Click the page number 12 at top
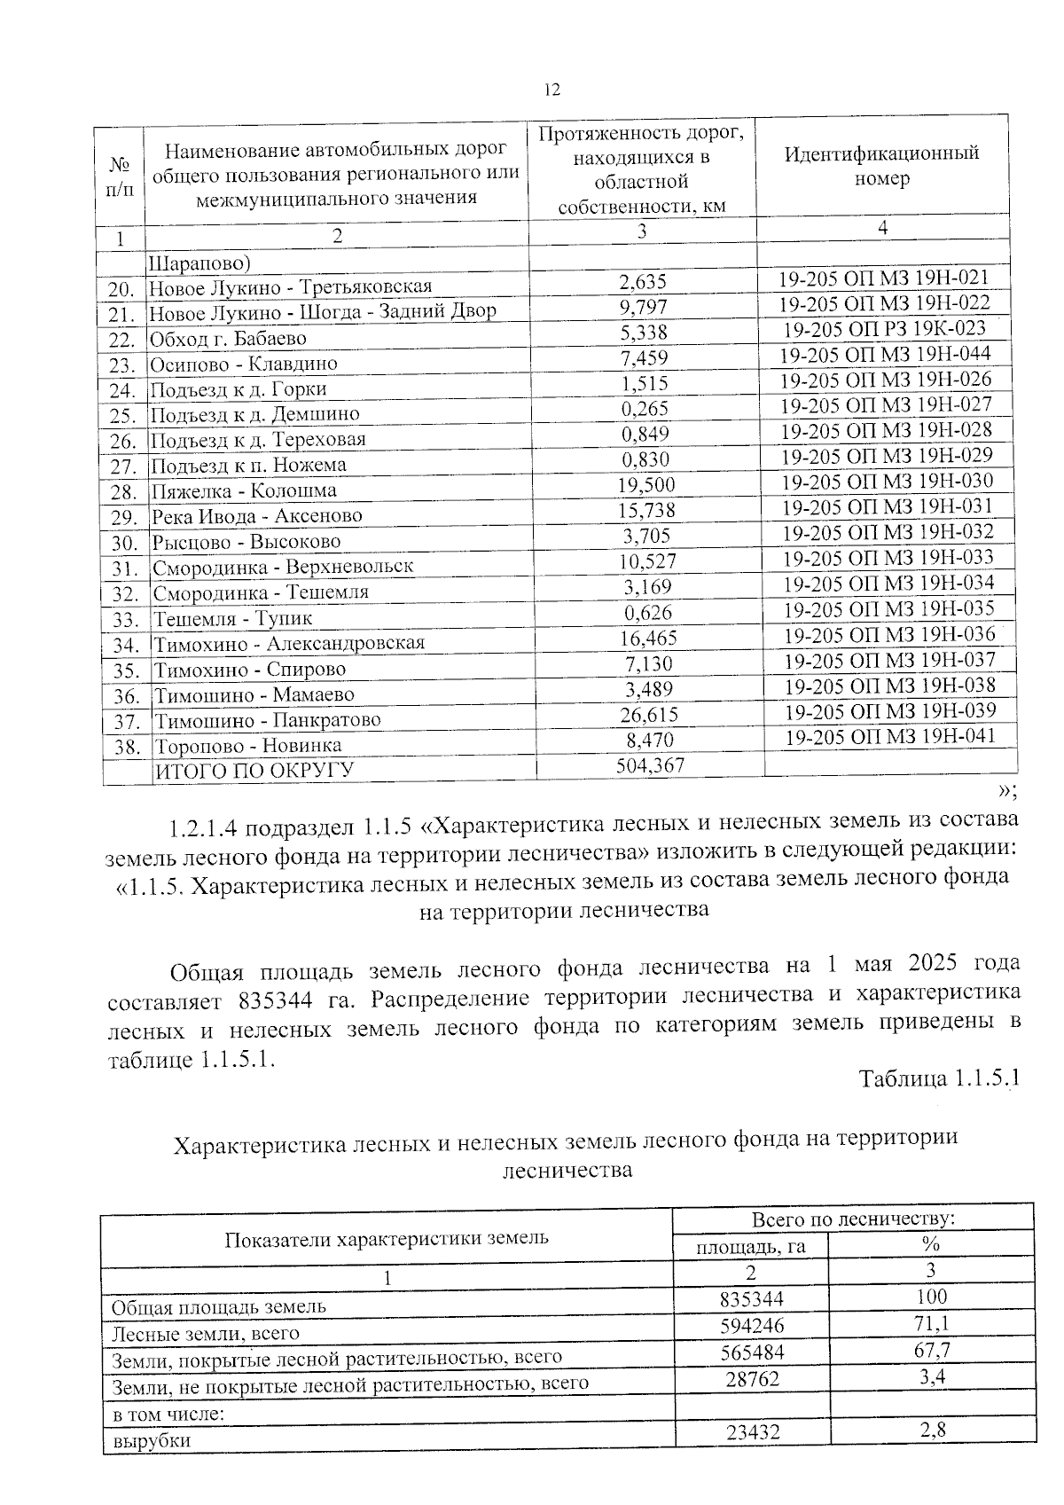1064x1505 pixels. pos(552,90)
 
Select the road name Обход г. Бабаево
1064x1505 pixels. pos(228,339)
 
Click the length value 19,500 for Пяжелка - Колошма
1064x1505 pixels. pos(646,484)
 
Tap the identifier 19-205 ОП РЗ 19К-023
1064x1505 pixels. pos(884,328)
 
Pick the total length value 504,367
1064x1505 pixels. pos(650,765)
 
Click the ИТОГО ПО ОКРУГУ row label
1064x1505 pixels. pos(255,770)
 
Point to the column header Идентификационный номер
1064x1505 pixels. pos(881,165)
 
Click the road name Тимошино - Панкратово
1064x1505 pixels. pos(268,720)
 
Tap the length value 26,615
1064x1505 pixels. pos(648,715)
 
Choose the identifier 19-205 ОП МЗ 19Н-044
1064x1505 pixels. pos(885,354)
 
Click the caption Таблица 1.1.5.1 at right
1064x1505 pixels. pos(938,1078)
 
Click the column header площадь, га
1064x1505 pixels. pos(750,1246)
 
